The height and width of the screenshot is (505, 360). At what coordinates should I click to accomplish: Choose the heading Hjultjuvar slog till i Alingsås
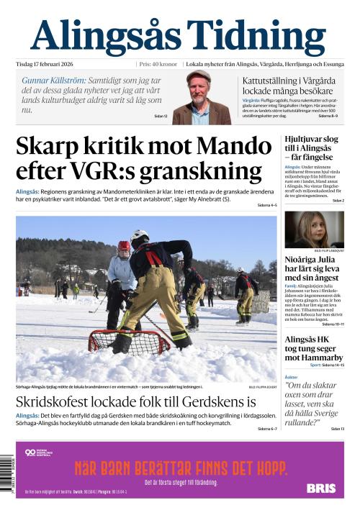(x=311, y=147)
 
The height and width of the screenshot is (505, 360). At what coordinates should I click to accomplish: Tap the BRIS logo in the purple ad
(x=321, y=488)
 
